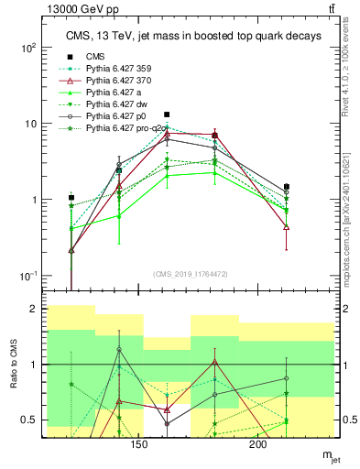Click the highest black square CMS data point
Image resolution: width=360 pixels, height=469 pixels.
coord(167,115)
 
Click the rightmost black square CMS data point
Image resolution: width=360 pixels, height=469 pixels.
coord(287,187)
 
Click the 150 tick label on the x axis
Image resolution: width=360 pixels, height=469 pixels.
coord(139,444)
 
